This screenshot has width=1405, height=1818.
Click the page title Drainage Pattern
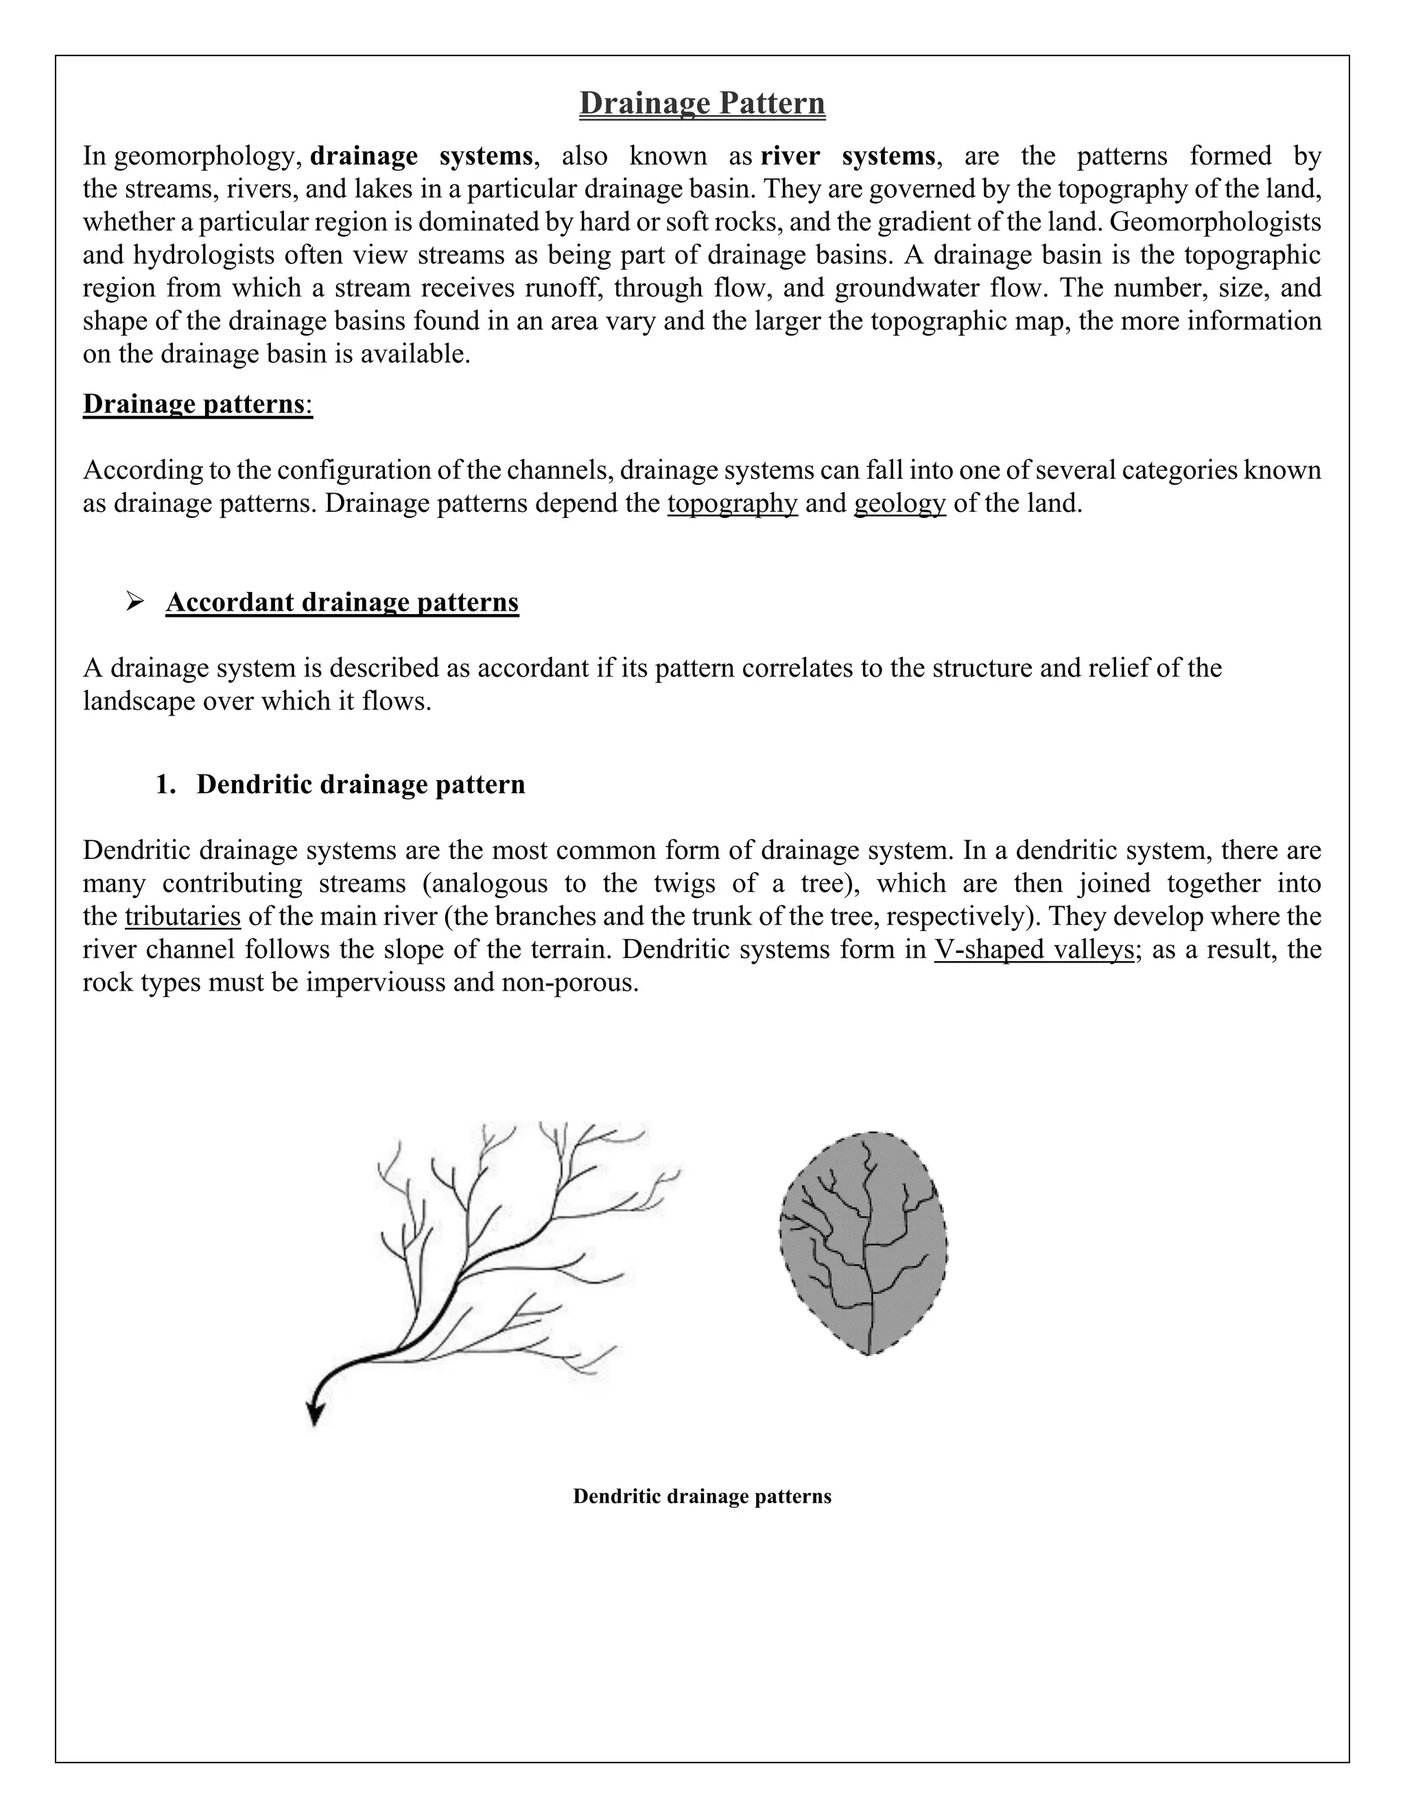[702, 103]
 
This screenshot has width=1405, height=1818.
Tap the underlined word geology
[900, 504]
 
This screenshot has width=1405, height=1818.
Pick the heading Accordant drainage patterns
[342, 602]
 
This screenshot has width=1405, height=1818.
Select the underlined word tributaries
[182, 917]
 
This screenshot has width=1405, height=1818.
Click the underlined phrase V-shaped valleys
[1034, 949]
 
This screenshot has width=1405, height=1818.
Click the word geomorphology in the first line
[207, 156]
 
